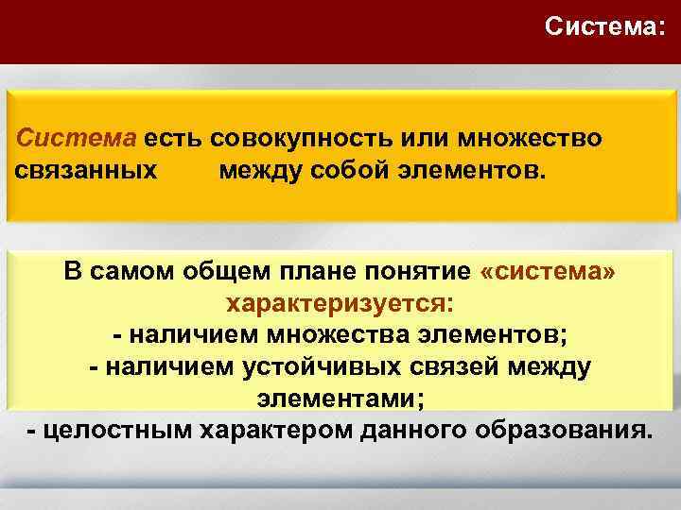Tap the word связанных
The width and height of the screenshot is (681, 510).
coord(86,173)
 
